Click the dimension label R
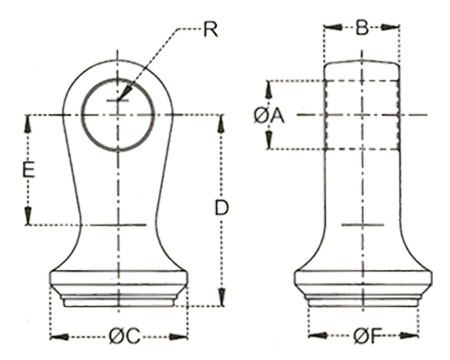pyautogui.click(x=211, y=30)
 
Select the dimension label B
pyautogui.click(x=362, y=28)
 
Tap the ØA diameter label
pyautogui.click(x=269, y=116)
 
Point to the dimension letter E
pyautogui.click(x=29, y=169)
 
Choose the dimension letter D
pyautogui.click(x=222, y=208)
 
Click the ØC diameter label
pyautogui.click(x=124, y=337)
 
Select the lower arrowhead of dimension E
pyautogui.click(x=28, y=215)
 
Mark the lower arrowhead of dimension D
pyautogui.click(x=221, y=297)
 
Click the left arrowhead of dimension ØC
pyautogui.click(x=59, y=337)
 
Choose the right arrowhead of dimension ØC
pyautogui.click(x=179, y=337)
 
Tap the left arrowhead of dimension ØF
pyautogui.click(x=318, y=336)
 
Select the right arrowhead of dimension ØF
pyautogui.click(x=409, y=336)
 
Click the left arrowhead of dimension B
pyautogui.click(x=333, y=27)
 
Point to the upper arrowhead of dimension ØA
pyautogui.click(x=269, y=89)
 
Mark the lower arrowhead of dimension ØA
pyautogui.click(x=269, y=139)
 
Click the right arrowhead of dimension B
pyautogui.click(x=391, y=27)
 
